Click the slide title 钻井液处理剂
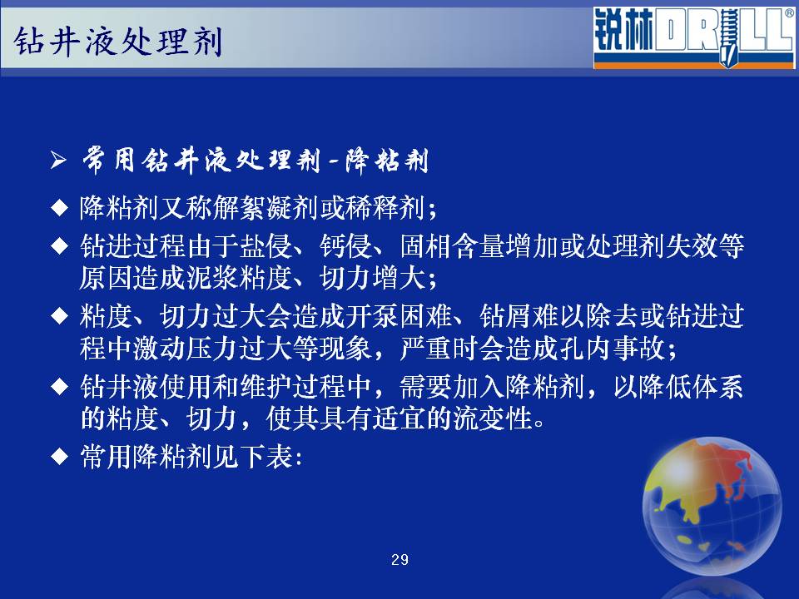118,41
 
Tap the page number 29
399,560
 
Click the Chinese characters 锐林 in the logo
623,31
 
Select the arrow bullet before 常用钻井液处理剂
58,161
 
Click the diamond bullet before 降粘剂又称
60,208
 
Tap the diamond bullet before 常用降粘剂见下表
60,456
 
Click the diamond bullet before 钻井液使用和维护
60,386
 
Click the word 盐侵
266,246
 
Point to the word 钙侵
345,246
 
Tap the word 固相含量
453,246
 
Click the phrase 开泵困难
399,316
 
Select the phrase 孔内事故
612,349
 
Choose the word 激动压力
186,349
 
